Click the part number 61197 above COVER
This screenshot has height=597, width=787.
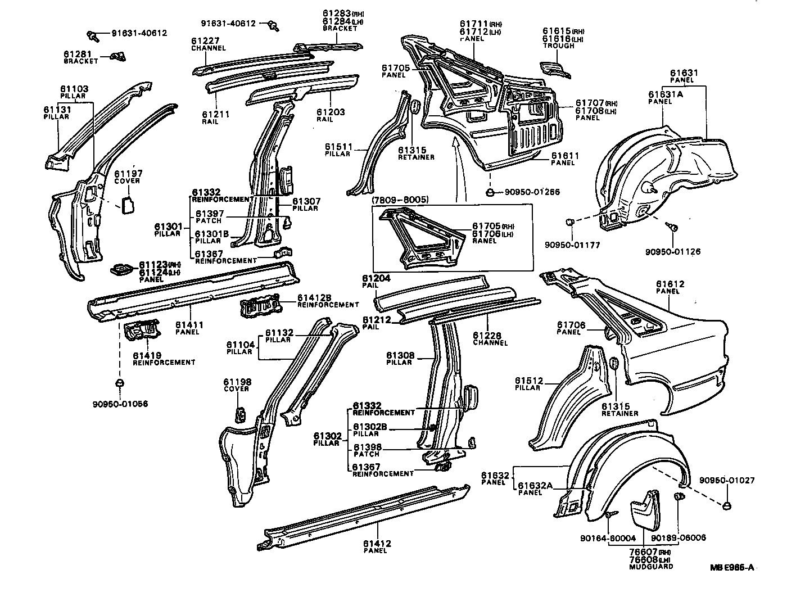click(x=127, y=174)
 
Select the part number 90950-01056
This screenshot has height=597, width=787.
click(x=120, y=404)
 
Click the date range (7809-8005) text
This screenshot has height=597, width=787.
click(x=400, y=200)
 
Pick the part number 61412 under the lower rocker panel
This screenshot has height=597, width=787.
click(x=377, y=544)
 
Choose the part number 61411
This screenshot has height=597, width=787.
click(x=189, y=325)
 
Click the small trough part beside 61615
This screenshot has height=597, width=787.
click(x=554, y=70)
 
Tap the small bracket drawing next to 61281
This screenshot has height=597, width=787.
click(x=119, y=56)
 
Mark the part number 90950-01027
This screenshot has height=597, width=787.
click(x=726, y=481)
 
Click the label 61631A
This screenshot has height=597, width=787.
click(x=666, y=94)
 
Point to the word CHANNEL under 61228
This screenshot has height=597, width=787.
click(x=491, y=343)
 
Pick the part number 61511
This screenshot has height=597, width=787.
click(x=338, y=147)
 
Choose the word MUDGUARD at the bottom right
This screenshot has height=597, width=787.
click(x=652, y=567)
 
